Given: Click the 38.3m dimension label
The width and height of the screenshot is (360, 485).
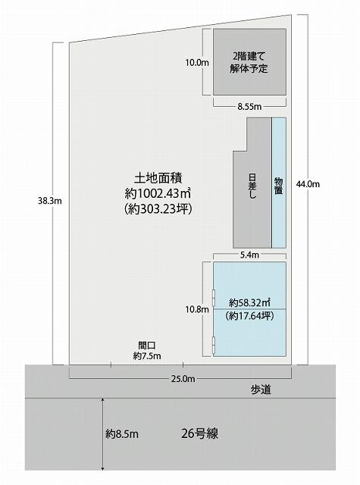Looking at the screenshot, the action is click(x=50, y=201).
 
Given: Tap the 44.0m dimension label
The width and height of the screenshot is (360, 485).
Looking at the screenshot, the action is click(x=308, y=184).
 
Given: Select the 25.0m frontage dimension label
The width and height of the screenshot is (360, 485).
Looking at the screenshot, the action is click(x=183, y=379).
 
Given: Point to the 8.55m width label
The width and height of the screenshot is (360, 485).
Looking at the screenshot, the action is click(x=249, y=107).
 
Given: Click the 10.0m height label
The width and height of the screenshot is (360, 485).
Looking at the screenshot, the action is click(x=197, y=63).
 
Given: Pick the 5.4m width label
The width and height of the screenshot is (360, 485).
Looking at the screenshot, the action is click(x=249, y=255).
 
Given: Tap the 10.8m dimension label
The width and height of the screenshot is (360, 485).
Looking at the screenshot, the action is click(x=197, y=309).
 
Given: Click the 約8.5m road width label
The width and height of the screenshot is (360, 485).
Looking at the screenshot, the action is click(x=122, y=434).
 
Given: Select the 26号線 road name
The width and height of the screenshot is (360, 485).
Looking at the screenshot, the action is click(x=200, y=433).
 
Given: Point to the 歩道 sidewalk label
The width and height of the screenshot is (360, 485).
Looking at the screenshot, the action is click(x=261, y=390).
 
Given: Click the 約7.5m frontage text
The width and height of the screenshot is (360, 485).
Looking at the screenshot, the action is click(x=147, y=355).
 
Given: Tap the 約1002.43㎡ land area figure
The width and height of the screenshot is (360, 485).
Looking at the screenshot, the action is click(x=158, y=194).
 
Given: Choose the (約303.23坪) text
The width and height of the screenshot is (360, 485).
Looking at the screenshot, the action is click(x=158, y=209).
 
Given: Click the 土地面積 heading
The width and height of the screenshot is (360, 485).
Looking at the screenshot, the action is click(x=158, y=178).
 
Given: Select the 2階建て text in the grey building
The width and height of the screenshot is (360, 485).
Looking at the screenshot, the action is click(x=249, y=57).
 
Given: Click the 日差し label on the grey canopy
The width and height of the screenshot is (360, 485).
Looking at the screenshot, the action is click(x=252, y=186).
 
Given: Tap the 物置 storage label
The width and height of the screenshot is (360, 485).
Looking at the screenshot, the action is click(x=278, y=186).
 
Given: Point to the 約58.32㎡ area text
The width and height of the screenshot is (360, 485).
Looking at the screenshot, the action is click(x=249, y=302).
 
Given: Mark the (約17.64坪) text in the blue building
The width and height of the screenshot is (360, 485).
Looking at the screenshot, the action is click(x=249, y=316).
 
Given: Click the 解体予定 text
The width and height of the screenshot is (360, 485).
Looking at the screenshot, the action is click(x=249, y=68).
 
